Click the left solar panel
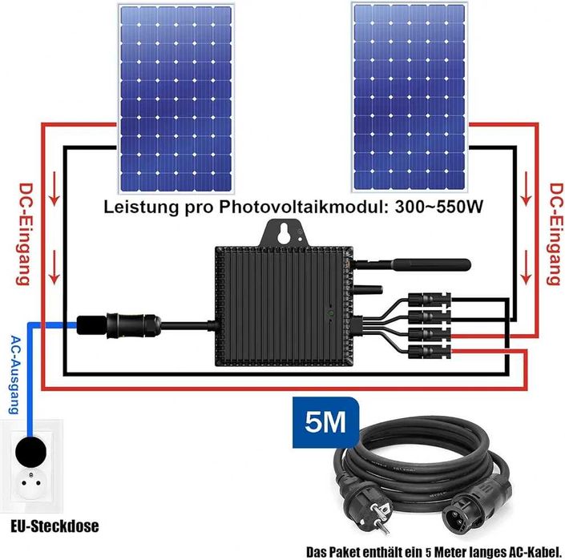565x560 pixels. click(x=176, y=99)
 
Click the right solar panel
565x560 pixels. click(x=410, y=97)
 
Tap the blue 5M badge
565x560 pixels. click(x=325, y=422)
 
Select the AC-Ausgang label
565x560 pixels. click(x=14, y=374)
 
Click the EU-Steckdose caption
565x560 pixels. click(x=54, y=526)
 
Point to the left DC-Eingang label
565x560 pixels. click(x=25, y=234)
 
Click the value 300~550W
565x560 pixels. click(x=438, y=207)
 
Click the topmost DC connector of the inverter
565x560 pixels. click(x=429, y=299)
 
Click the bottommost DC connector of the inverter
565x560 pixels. click(x=429, y=352)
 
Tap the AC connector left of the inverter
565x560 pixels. click(x=119, y=325)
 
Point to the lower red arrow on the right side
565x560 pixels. click(x=527, y=268)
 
